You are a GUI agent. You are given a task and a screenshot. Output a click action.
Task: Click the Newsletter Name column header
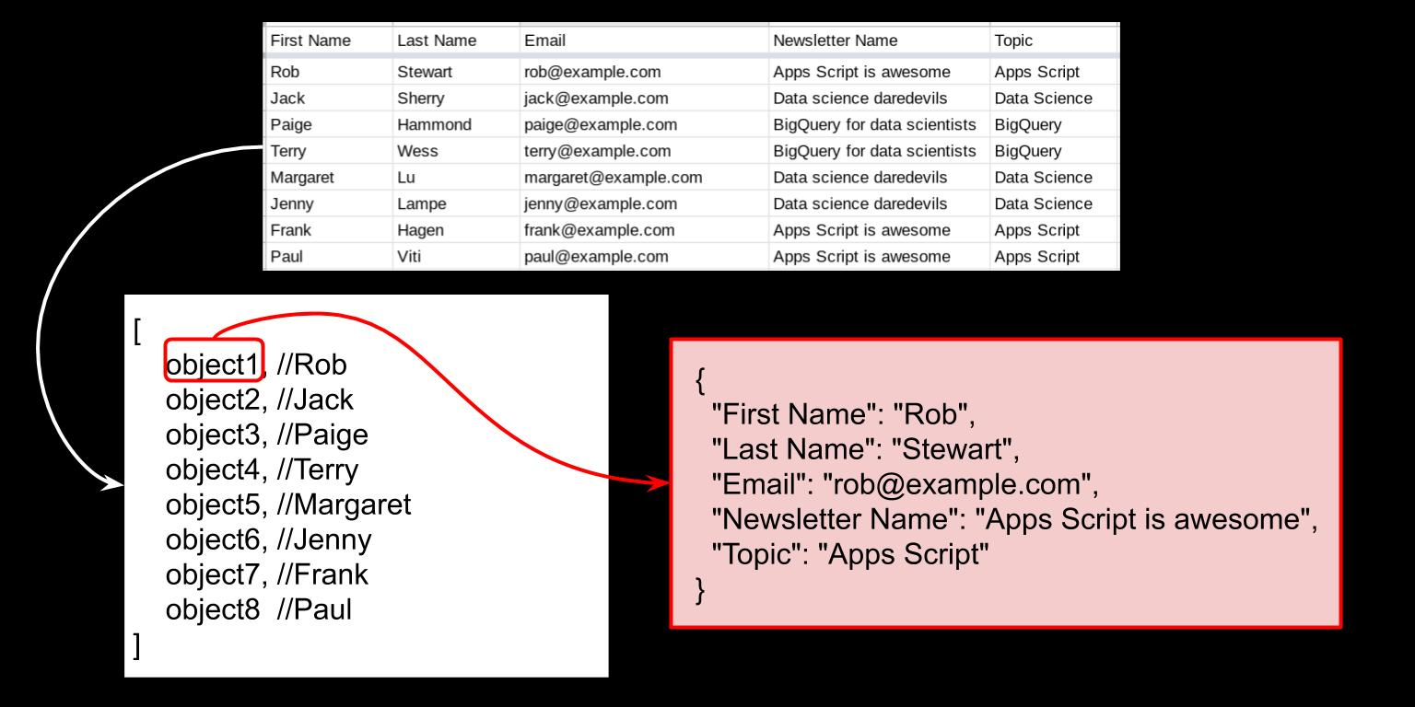[x=836, y=41]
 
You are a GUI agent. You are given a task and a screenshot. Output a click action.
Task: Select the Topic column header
[x=1013, y=41]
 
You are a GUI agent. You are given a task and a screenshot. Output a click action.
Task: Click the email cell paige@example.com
[x=600, y=125]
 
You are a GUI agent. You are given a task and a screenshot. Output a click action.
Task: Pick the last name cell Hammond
[x=434, y=124]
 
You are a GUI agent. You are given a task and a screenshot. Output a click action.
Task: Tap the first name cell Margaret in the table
[x=302, y=178]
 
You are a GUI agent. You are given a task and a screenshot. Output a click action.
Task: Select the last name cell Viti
[x=409, y=256]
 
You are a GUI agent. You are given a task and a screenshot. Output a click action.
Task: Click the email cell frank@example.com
[x=599, y=230]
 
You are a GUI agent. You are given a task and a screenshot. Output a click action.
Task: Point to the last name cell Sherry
[x=421, y=99]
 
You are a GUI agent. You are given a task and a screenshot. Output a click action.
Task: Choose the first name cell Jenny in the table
[x=292, y=203]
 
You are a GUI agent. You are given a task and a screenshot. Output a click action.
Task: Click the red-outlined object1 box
[x=214, y=361]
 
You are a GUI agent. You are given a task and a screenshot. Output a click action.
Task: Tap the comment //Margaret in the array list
[x=345, y=504]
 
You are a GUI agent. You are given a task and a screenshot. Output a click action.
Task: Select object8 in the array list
[x=212, y=609]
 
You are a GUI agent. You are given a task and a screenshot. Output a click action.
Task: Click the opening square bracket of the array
[x=137, y=330]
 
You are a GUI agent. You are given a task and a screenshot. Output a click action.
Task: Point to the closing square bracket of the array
[x=137, y=645]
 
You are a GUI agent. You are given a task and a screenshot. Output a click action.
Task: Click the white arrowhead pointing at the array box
[x=113, y=484]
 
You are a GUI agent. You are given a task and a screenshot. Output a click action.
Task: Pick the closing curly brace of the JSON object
[x=700, y=591]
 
